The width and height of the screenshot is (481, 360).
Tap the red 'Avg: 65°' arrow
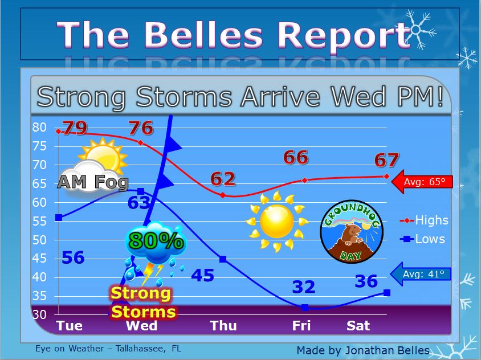click(422, 182)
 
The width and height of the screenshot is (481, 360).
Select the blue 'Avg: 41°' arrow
click(421, 274)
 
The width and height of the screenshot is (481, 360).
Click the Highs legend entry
click(424, 220)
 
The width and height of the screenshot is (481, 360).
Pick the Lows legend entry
click(422, 239)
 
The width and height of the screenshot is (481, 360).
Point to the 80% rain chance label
click(157, 240)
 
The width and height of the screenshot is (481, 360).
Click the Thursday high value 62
click(223, 179)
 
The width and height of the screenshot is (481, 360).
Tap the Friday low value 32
click(304, 287)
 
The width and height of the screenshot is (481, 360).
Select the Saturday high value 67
click(386, 160)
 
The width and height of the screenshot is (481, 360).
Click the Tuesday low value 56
click(73, 257)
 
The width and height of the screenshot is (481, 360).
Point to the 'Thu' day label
click(223, 326)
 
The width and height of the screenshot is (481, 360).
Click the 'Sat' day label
click(358, 326)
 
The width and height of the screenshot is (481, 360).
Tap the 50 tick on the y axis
click(39, 240)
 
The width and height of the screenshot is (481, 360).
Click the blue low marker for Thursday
click(223, 259)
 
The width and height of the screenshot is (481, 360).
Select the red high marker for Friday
click(304, 181)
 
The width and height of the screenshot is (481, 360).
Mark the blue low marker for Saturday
click(387, 293)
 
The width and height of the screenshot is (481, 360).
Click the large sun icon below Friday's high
click(277, 222)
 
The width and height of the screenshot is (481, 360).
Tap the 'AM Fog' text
click(93, 182)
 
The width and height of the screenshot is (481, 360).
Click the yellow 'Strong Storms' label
click(143, 302)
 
